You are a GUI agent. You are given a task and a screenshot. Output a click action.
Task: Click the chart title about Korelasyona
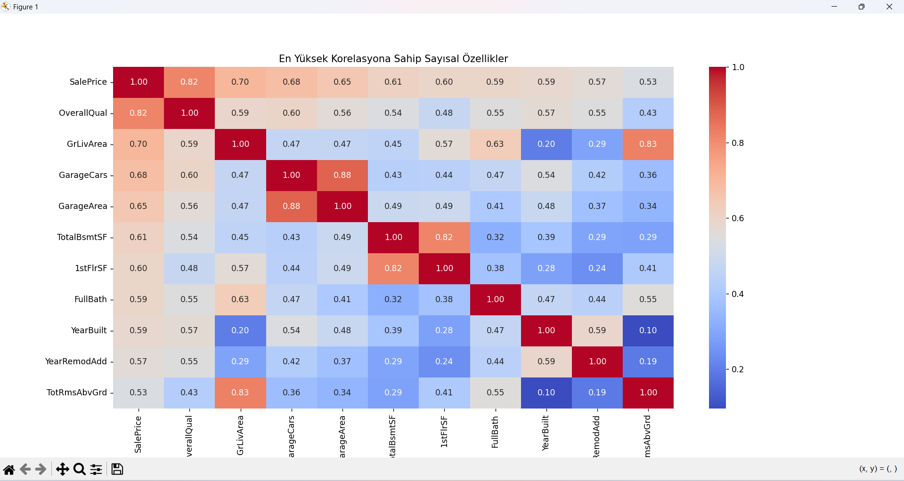click(x=393, y=59)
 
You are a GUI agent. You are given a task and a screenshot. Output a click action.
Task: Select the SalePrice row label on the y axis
click(x=88, y=82)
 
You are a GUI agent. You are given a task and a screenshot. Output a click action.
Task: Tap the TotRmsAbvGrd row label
click(x=77, y=393)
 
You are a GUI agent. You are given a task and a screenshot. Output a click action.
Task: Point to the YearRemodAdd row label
click(x=76, y=361)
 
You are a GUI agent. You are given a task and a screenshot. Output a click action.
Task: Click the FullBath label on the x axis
click(x=495, y=433)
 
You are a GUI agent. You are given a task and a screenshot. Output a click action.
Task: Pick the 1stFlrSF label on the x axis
click(x=444, y=432)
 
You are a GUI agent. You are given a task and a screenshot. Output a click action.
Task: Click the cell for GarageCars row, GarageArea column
click(x=342, y=175)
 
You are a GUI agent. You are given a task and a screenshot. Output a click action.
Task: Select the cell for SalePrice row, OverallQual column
click(x=189, y=82)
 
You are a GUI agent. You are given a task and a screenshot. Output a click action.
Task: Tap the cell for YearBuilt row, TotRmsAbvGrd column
click(x=648, y=330)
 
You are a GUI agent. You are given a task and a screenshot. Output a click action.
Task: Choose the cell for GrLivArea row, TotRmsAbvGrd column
click(x=648, y=144)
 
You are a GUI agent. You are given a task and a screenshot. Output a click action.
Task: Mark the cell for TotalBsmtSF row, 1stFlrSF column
click(x=444, y=237)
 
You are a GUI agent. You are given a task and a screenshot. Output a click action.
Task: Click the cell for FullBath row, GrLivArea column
click(x=240, y=299)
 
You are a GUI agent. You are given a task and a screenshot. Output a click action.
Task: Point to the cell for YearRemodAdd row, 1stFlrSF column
click(x=444, y=361)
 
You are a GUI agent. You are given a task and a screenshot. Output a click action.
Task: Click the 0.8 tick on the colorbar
click(x=738, y=143)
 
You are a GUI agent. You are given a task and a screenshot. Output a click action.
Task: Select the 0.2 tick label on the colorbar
click(x=738, y=369)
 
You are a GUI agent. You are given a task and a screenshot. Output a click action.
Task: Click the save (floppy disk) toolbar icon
click(x=117, y=469)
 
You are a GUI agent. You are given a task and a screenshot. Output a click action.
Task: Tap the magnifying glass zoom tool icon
click(x=80, y=469)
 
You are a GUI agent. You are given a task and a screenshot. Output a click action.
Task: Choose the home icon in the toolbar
click(x=9, y=469)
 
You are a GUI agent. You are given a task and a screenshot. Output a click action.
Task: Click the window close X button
click(x=889, y=7)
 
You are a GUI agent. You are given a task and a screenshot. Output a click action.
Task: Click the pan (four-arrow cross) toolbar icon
click(x=62, y=469)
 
